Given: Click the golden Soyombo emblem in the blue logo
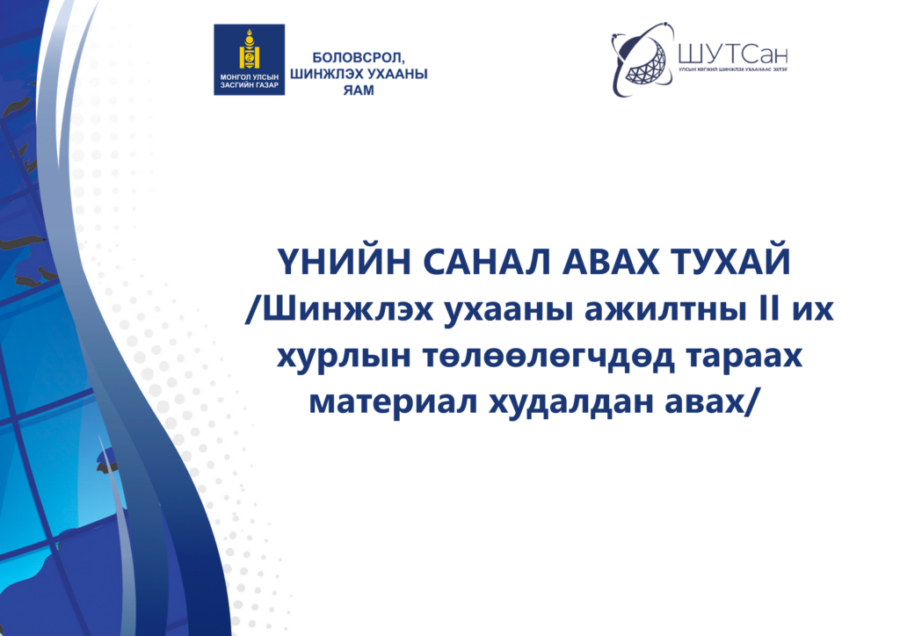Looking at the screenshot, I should point(250,51).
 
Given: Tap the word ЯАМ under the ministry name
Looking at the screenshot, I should point(358,90).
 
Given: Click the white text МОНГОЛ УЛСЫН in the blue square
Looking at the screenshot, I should point(250,77).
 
